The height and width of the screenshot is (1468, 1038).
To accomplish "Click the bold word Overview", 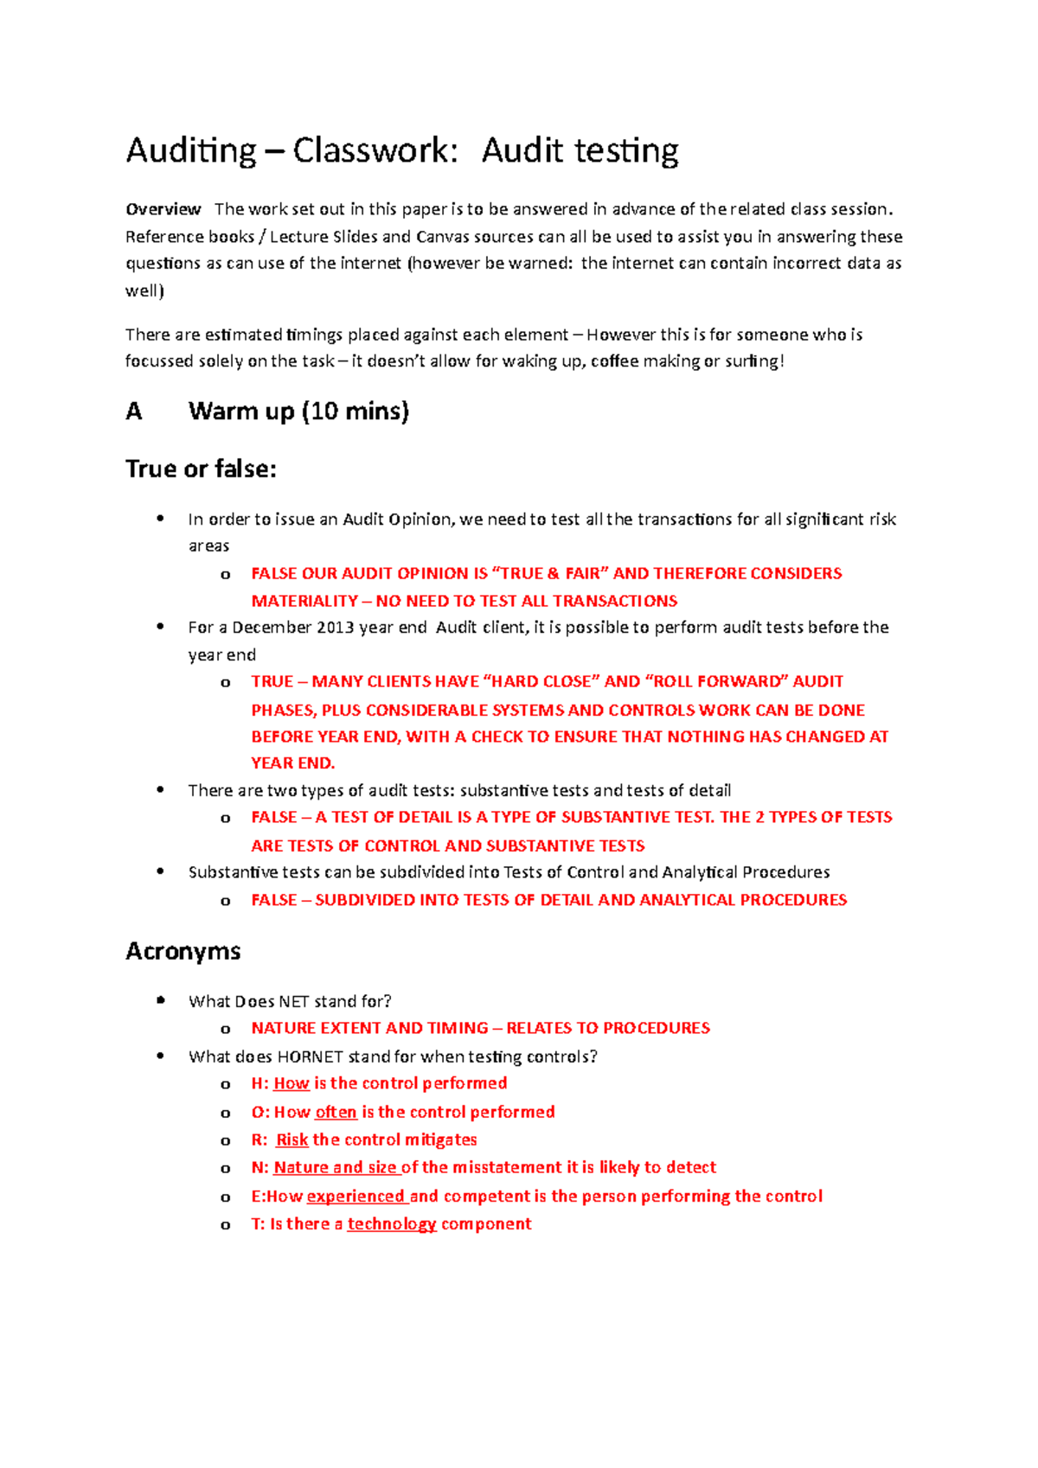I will pos(163,209).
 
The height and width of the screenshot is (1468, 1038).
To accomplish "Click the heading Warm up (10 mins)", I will pos(298,411).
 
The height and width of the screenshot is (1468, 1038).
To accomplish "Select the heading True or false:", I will pos(201,469).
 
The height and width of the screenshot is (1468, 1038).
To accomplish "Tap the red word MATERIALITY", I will pos(304,601).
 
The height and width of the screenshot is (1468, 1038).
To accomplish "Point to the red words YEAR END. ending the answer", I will pos(292,763).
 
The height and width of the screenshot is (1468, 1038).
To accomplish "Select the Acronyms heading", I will pos(183,951).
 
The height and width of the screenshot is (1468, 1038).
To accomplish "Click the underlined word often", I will pos(336,1112).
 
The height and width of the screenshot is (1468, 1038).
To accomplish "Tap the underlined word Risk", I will pos(292,1140).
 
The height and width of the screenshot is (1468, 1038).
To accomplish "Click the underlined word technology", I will pos(392,1224).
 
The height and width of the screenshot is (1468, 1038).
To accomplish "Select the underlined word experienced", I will pos(356,1197).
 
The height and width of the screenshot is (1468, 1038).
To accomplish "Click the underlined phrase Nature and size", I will pos(335,1168).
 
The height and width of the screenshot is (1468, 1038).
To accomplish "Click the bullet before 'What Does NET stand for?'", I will pos(160,1000).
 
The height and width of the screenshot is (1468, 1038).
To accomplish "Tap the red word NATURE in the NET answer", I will pos(283,1028).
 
